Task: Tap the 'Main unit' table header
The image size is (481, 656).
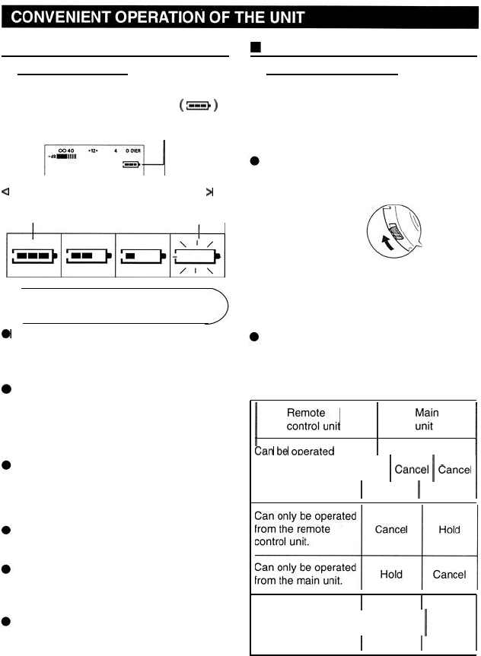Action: click(x=426, y=419)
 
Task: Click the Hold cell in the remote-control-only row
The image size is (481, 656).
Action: click(x=449, y=530)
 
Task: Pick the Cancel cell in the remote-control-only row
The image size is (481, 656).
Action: click(x=392, y=530)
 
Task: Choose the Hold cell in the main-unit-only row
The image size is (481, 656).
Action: click(x=392, y=575)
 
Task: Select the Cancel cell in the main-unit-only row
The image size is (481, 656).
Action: click(x=449, y=575)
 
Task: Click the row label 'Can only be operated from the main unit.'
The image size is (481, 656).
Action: click(x=304, y=575)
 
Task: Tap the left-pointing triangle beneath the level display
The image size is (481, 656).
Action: click(x=5, y=192)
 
